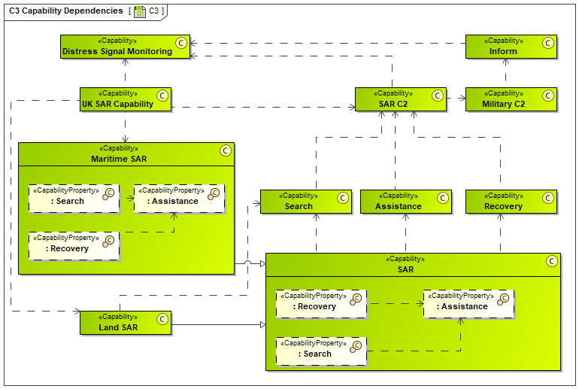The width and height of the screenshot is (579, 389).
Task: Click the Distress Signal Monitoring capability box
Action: click(x=125, y=47)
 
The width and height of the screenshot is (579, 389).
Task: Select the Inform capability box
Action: click(x=511, y=47)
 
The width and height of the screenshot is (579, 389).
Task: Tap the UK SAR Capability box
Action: click(x=126, y=99)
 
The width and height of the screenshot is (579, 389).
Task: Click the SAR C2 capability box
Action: click(x=401, y=99)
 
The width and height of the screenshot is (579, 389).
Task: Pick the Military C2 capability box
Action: click(x=511, y=99)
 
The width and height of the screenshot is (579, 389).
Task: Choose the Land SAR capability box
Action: click(x=126, y=323)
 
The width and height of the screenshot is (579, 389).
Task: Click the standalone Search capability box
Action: click(x=306, y=202)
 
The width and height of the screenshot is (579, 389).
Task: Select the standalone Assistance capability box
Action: click(x=406, y=202)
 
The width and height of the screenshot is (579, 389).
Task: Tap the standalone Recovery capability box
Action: click(x=511, y=202)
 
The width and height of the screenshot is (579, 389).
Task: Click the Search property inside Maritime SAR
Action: click(x=74, y=199)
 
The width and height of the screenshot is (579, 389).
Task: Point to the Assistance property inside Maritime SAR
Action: click(x=180, y=199)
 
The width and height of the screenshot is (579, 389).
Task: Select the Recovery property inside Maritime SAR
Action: click(x=74, y=246)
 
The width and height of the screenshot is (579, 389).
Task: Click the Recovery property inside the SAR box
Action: click(x=321, y=304)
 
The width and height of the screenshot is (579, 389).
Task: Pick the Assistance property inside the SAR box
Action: click(x=468, y=304)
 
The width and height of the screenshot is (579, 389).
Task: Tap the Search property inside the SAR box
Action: click(x=321, y=351)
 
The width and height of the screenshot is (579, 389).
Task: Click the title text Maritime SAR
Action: click(x=119, y=159)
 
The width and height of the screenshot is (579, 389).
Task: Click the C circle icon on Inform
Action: click(x=548, y=43)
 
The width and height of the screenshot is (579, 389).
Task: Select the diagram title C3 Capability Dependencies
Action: click(x=66, y=11)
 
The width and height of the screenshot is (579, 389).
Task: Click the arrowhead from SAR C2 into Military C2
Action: click(x=462, y=99)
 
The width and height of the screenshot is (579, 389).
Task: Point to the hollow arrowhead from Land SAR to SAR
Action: click(x=263, y=325)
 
